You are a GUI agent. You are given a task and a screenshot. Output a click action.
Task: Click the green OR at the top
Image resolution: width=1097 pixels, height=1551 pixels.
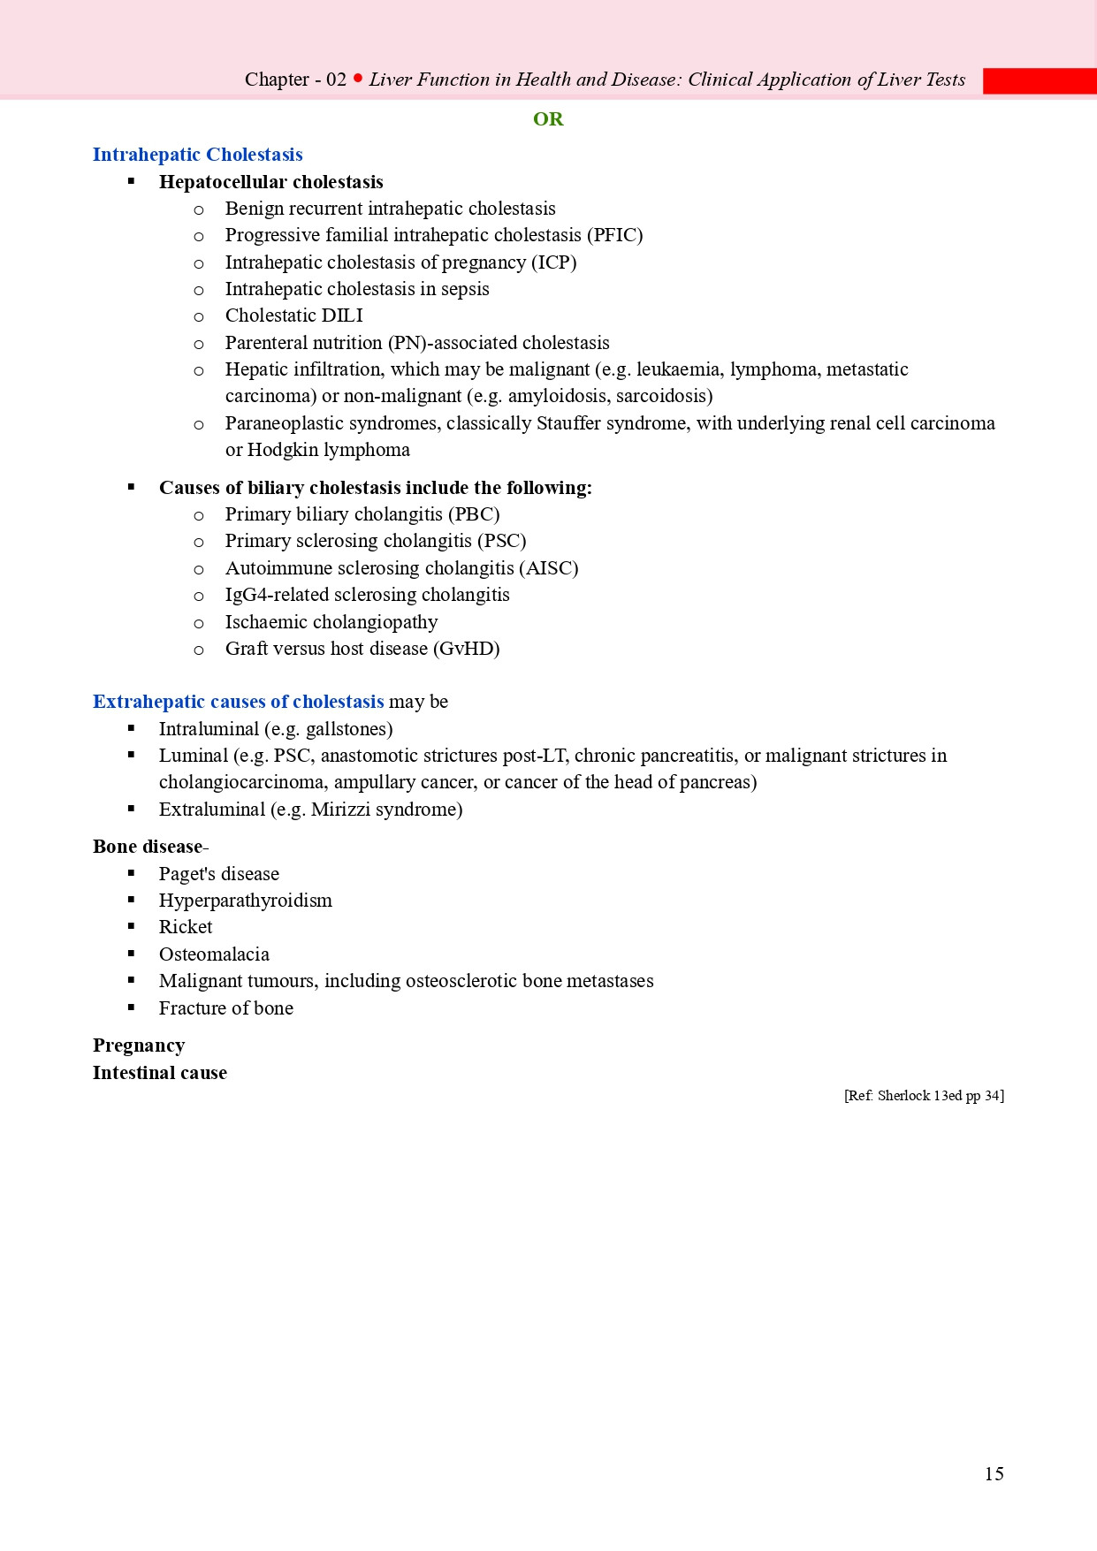[548, 119]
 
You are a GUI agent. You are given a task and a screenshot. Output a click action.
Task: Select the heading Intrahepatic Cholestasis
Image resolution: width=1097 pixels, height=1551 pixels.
[197, 155]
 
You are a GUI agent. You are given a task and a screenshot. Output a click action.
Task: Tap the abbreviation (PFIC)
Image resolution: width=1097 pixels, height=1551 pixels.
[614, 235]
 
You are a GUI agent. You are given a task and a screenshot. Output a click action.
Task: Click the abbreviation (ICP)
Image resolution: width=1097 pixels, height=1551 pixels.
[553, 262]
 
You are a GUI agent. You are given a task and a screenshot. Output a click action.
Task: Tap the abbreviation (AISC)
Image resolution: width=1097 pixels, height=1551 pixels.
[549, 568]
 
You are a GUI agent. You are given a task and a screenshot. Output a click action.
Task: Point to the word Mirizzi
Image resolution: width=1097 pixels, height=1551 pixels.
[344, 810]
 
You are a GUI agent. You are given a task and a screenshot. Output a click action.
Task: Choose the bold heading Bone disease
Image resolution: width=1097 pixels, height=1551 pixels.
[148, 847]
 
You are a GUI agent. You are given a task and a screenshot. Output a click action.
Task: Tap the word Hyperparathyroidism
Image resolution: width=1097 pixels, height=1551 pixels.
[245, 901]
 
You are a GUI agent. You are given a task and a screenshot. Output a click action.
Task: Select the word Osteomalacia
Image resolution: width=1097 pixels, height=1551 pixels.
[214, 954]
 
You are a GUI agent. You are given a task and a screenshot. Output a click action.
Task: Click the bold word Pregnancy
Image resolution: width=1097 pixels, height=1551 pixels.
[139, 1045]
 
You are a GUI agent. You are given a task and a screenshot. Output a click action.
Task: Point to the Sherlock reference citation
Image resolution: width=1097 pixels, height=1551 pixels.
[924, 1096]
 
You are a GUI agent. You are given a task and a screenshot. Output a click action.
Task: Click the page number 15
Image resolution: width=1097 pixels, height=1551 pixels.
[994, 1473]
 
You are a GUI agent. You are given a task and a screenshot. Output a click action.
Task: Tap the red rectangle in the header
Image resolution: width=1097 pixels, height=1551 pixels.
[1040, 81]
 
